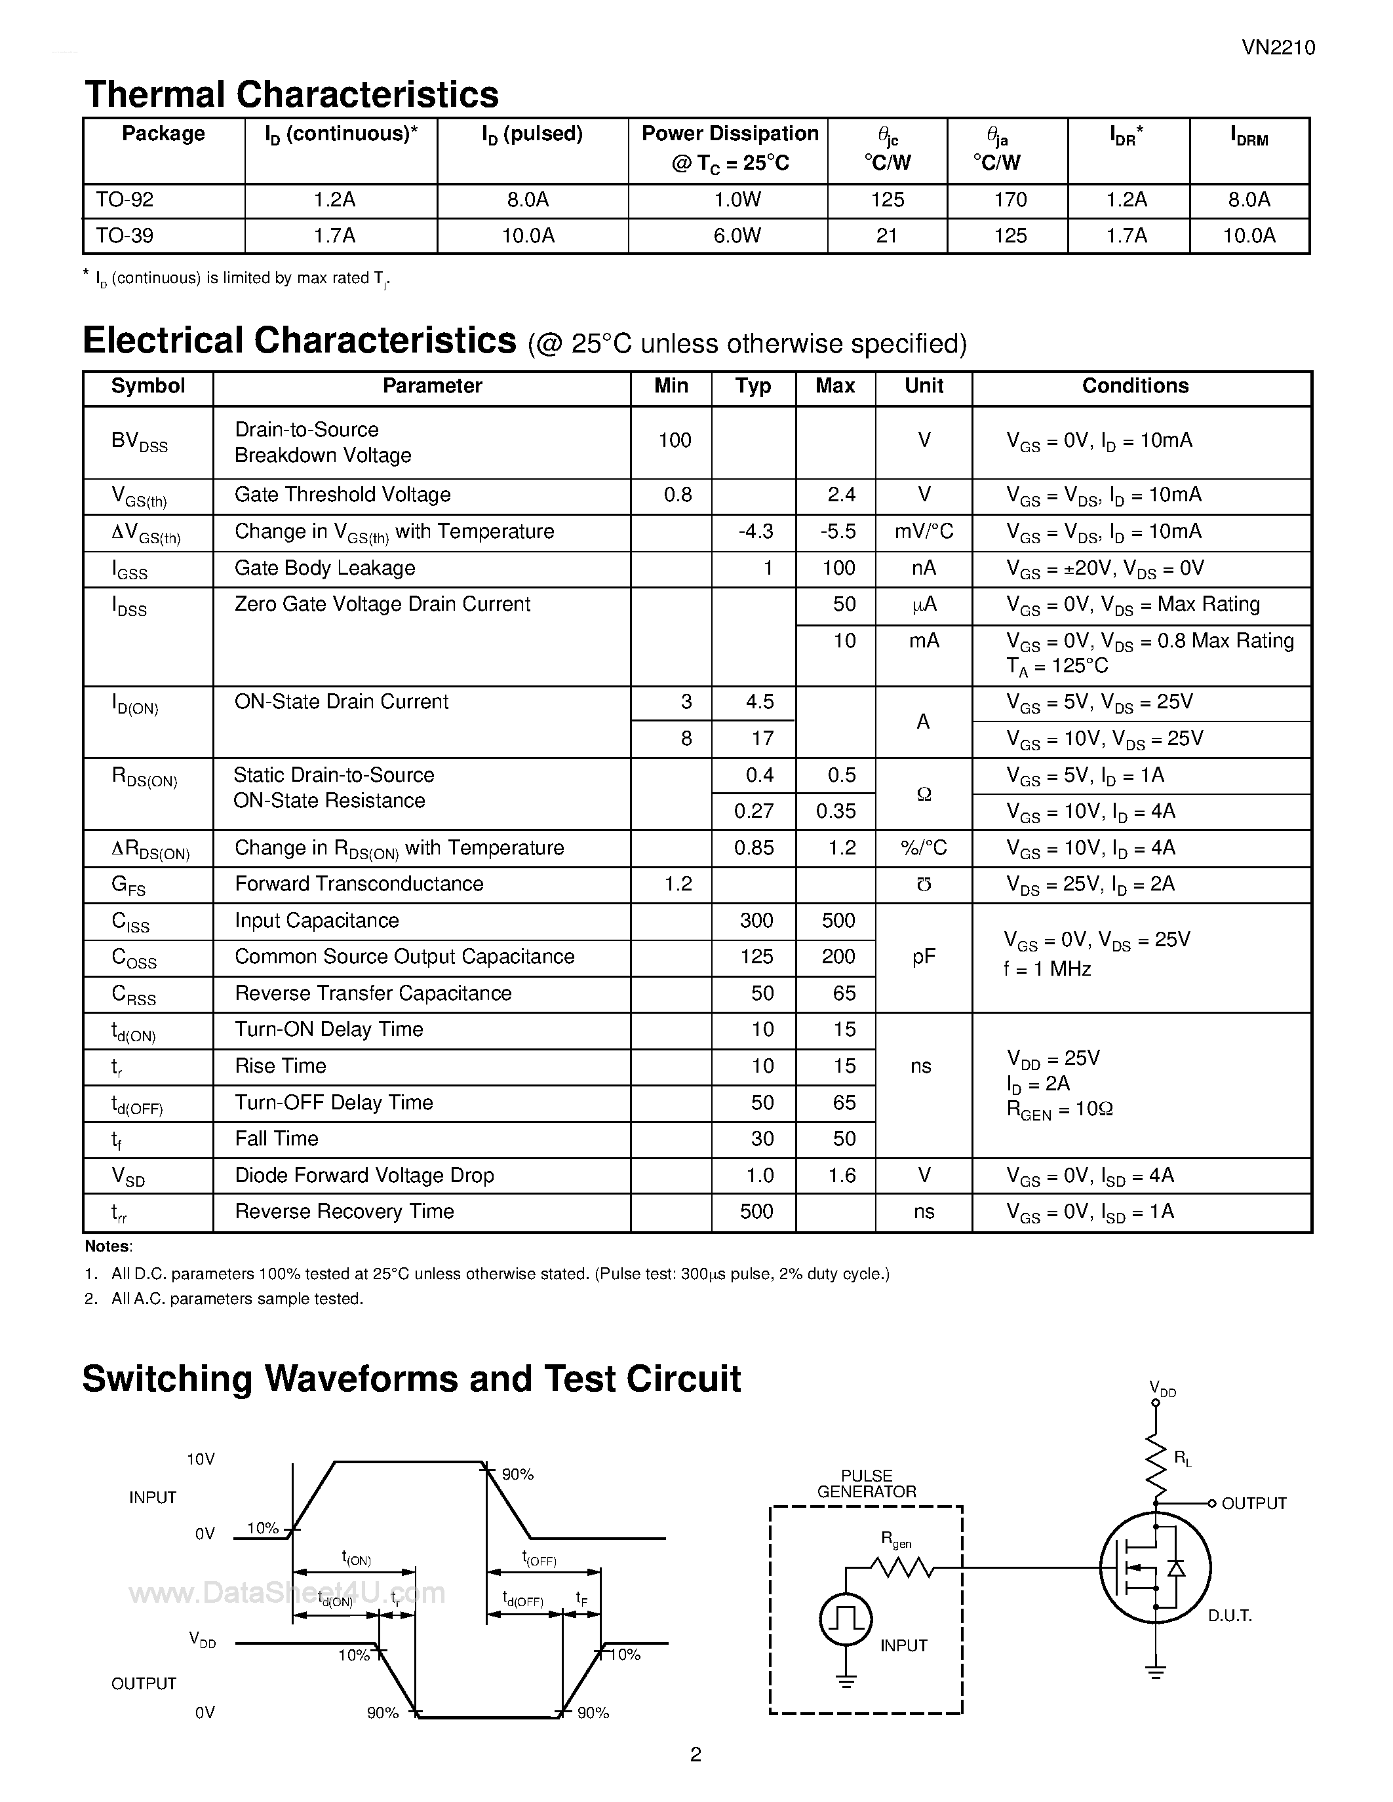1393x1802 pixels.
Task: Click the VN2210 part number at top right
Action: pyautogui.click(x=1278, y=48)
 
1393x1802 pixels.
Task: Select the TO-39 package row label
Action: pyautogui.click(x=125, y=236)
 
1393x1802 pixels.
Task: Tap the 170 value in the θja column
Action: pyautogui.click(x=1010, y=200)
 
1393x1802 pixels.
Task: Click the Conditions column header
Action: pyautogui.click(x=1135, y=386)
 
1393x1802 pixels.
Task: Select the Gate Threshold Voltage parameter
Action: pyautogui.click(x=342, y=495)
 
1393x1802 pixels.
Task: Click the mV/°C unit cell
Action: pyautogui.click(x=924, y=531)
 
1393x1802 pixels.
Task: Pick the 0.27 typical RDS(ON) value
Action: pyautogui.click(x=753, y=811)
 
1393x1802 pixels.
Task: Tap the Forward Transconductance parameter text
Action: pyautogui.click(x=359, y=884)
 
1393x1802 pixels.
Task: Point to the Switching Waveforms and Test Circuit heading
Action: pyautogui.click(x=411, y=1379)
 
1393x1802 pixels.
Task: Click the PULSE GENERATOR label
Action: pyautogui.click(x=866, y=1484)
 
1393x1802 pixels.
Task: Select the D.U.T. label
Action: pyautogui.click(x=1230, y=1615)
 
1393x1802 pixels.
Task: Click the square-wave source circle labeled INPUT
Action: pyautogui.click(x=845, y=1620)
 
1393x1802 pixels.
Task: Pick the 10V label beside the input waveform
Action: pyautogui.click(x=201, y=1459)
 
